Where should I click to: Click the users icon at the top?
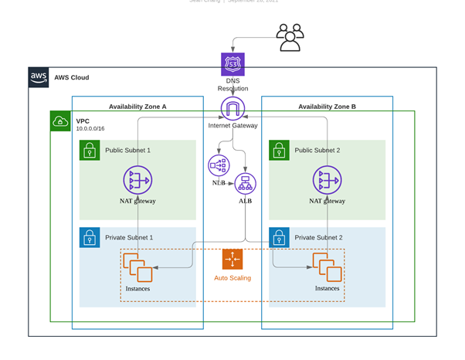pos(290,37)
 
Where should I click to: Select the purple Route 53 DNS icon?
pos(232,64)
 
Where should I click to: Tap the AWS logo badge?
pos(39,77)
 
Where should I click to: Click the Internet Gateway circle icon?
pos(232,108)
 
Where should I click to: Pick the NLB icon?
pos(219,165)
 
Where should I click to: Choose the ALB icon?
pos(246,184)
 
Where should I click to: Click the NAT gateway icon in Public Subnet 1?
pos(138,180)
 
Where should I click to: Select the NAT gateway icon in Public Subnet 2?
pos(328,180)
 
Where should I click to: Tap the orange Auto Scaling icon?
pos(232,260)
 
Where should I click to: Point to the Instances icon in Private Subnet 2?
pos(327,268)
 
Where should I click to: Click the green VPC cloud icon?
pos(60,121)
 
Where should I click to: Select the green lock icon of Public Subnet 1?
pos(90,150)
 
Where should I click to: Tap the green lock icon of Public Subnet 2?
pos(279,150)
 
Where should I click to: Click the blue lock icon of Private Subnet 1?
pos(90,237)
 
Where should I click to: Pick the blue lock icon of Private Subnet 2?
pos(279,237)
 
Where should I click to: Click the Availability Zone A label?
pos(137,107)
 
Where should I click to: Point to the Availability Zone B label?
pos(327,107)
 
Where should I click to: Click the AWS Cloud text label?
pos(72,77)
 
